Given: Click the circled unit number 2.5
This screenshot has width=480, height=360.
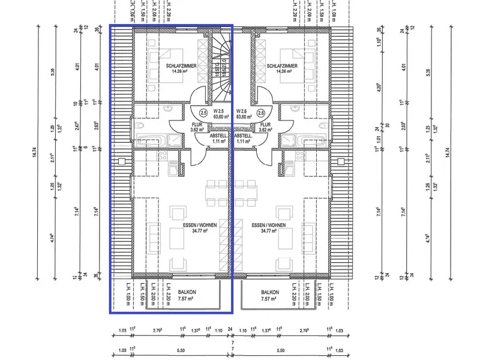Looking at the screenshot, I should (x=203, y=113).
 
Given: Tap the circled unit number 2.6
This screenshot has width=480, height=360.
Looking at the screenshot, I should (x=260, y=113).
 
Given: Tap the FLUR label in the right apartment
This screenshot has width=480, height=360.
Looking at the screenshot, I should (x=265, y=124).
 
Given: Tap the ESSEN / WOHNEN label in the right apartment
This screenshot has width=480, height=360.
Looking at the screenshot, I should (x=269, y=226).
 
